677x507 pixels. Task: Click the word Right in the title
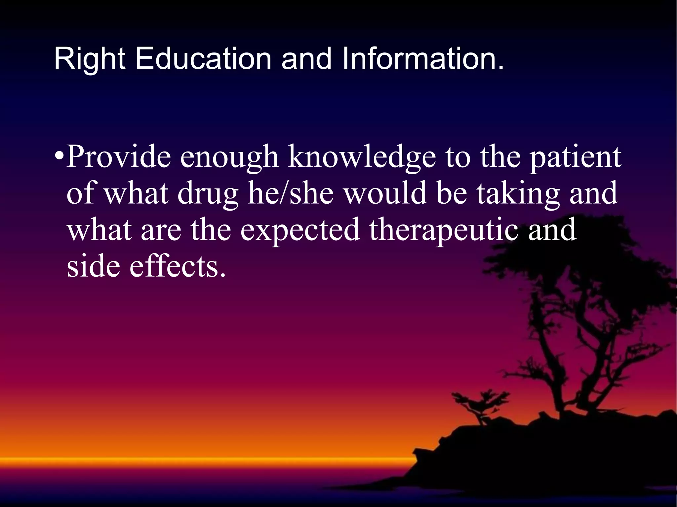click(89, 59)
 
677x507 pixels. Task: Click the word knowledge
click(362, 158)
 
